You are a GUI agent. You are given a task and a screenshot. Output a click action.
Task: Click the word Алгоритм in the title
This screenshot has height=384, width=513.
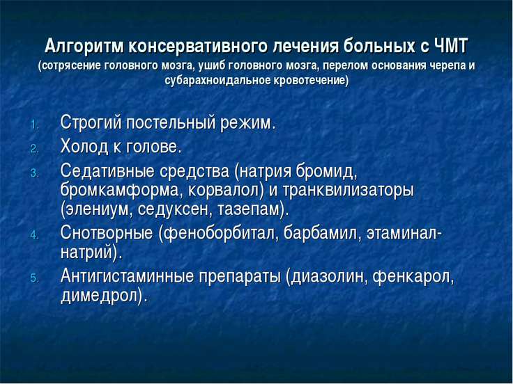84,47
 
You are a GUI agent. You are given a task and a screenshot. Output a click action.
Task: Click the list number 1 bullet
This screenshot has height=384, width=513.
34,125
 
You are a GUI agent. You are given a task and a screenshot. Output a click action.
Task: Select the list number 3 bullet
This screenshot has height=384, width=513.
34,173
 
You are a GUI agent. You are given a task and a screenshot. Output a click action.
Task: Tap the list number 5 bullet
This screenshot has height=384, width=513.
34,278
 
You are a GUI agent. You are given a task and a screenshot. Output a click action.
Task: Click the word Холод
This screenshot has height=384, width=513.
84,147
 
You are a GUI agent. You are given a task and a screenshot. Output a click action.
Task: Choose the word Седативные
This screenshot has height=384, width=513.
107,171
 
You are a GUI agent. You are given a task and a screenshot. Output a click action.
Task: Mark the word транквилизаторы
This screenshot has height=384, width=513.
348,191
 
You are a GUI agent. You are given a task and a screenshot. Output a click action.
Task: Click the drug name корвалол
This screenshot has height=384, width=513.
223,191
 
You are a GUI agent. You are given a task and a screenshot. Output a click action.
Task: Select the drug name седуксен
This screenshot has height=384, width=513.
173,209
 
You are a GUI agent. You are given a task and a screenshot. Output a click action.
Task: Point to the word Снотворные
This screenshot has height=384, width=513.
107,233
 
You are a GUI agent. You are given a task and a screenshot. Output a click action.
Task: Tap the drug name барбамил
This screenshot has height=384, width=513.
320,233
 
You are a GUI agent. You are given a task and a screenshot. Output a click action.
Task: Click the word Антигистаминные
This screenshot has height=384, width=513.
128,277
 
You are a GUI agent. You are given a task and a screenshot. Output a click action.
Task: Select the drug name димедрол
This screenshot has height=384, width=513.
100,296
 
